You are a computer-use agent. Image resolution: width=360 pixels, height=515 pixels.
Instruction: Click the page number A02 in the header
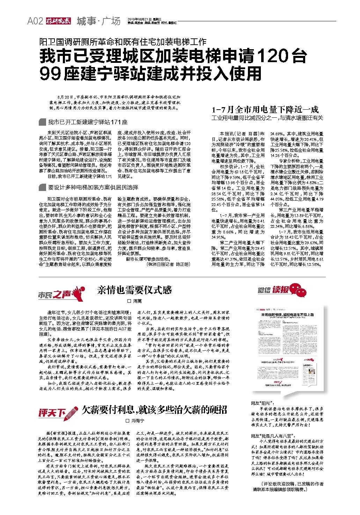point(35,21)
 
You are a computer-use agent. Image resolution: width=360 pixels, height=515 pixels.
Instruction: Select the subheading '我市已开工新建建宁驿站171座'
point(88,122)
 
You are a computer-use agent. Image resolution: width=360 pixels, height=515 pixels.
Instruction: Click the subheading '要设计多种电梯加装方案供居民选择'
point(93,187)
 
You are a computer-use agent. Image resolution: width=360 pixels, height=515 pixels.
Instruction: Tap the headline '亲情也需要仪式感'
point(134,290)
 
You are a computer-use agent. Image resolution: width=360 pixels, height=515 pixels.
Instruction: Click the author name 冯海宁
point(137,421)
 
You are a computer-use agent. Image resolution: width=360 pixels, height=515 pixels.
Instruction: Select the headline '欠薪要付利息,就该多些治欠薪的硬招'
point(154,410)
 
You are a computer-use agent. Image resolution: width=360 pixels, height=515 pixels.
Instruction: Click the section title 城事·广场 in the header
point(98,21)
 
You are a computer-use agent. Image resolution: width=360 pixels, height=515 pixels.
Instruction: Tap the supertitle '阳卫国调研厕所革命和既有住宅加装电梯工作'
point(123,42)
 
